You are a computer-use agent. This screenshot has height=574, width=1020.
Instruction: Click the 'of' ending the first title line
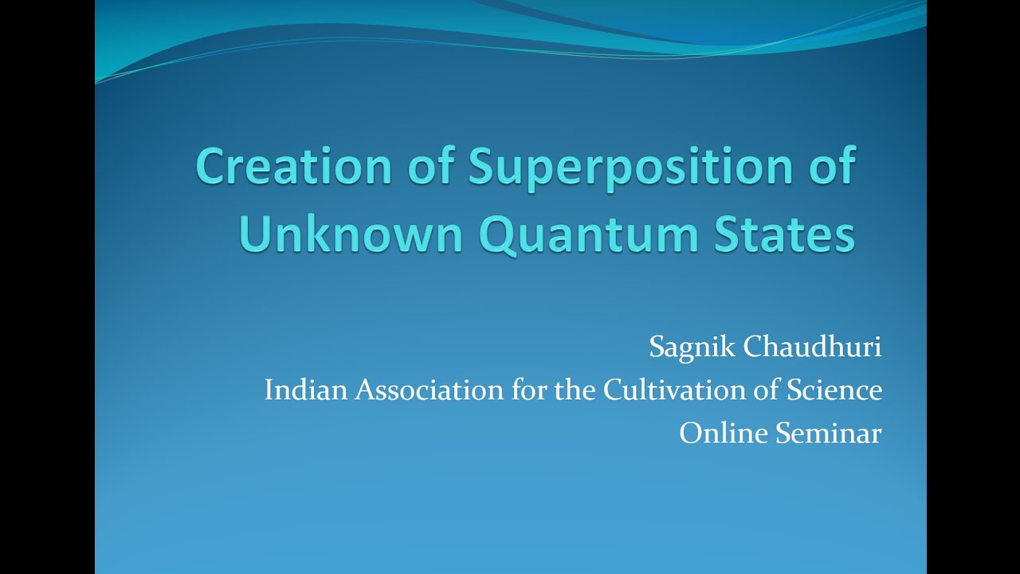[x=831, y=167]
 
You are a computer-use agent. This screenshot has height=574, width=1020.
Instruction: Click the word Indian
[x=307, y=390]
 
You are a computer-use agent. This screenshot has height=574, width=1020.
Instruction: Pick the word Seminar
[x=828, y=433]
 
